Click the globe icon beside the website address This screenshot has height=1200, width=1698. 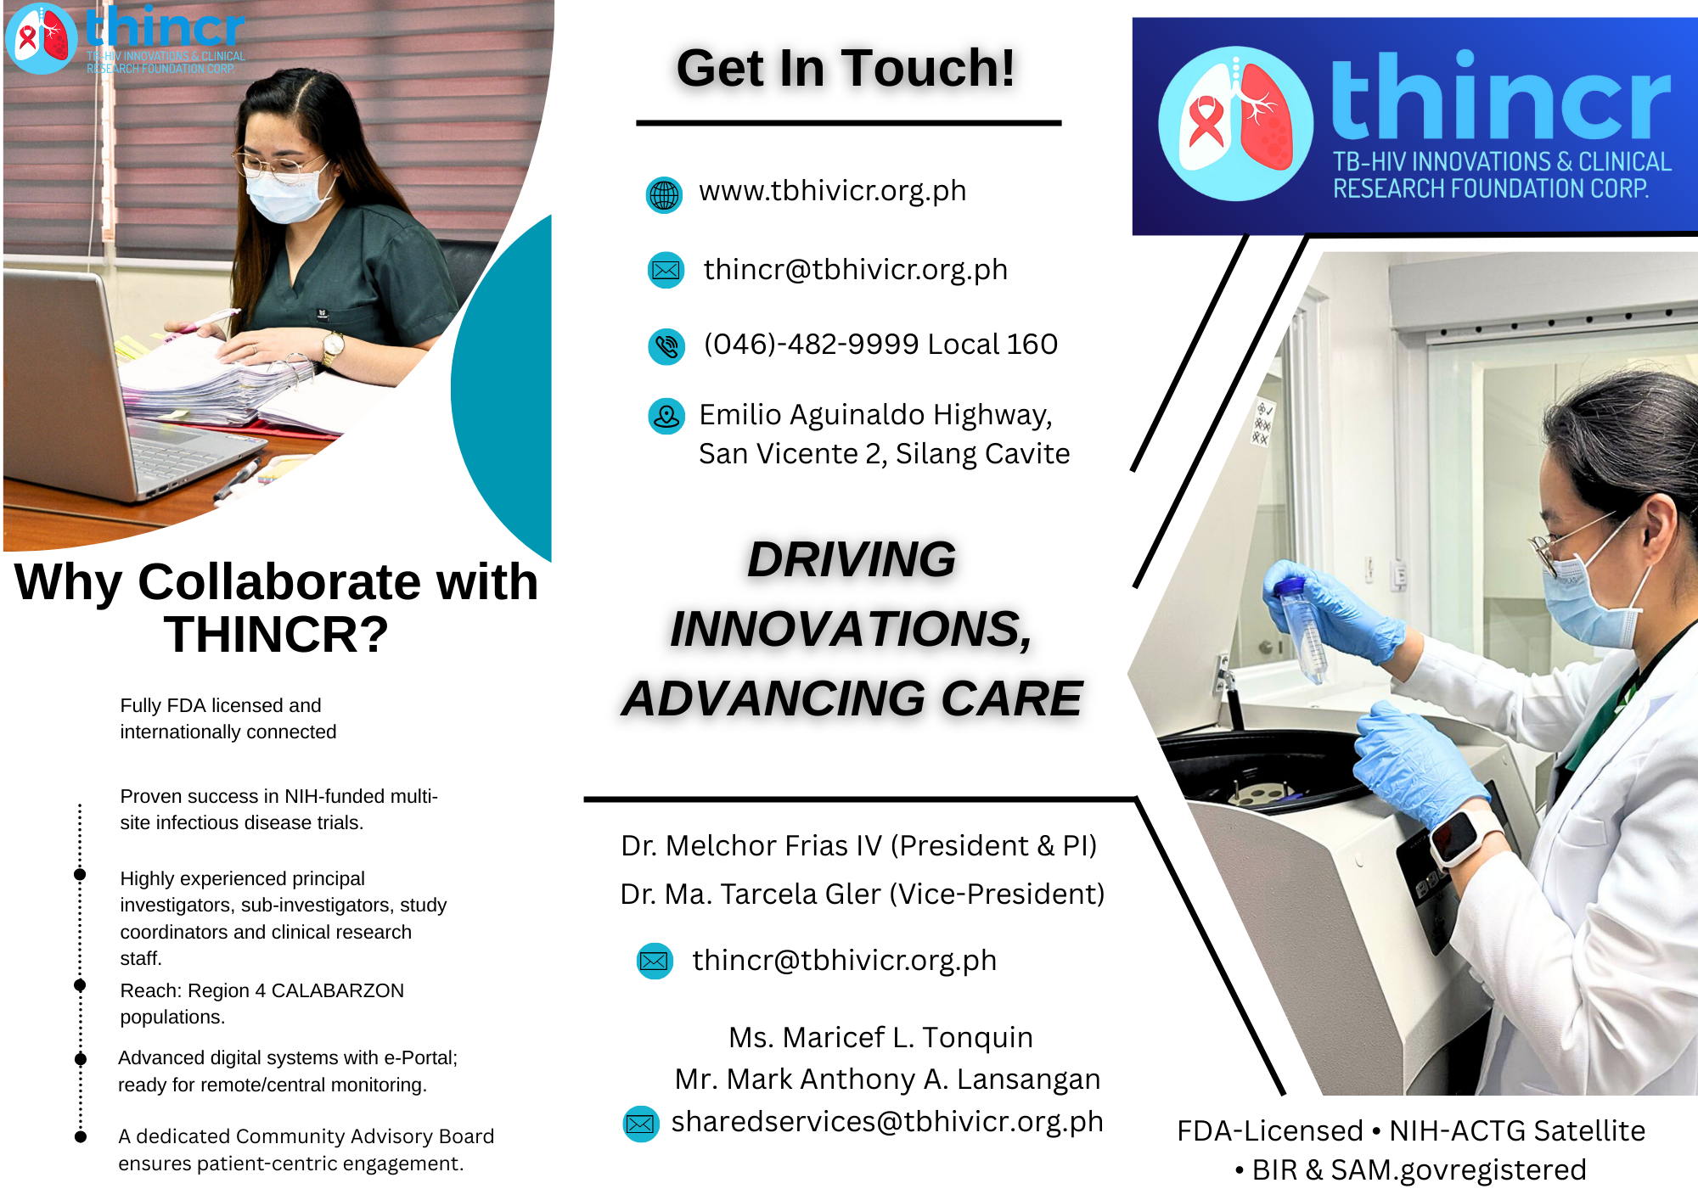664,195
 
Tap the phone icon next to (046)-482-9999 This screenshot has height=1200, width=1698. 666,346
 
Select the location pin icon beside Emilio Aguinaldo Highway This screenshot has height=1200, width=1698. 666,417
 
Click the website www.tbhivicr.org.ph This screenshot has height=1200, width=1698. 833,192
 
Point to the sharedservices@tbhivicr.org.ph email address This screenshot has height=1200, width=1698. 887,1122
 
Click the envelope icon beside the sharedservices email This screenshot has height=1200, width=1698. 641,1124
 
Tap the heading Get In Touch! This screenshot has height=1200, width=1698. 846,68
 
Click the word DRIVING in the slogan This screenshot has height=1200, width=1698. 852,559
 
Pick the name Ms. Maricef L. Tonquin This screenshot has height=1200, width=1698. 880,1038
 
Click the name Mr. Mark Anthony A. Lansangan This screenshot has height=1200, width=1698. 887,1079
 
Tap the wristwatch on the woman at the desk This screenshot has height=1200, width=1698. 333,345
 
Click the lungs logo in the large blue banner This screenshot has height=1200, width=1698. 1236,124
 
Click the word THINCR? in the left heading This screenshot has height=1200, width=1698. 276,635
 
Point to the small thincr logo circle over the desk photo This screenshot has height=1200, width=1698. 42,39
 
